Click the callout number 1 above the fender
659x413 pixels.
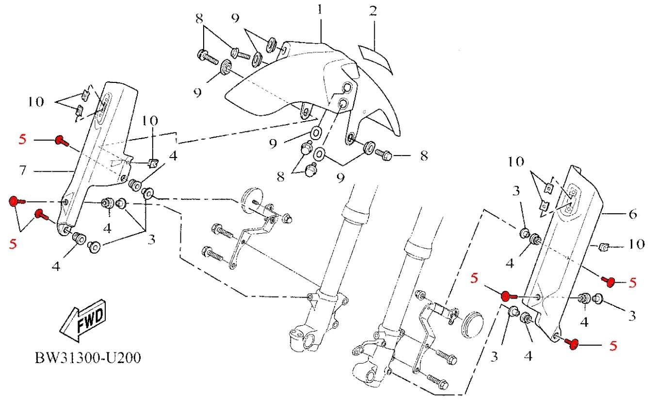click(320, 10)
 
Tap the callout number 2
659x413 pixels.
click(372, 11)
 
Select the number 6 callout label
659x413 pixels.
click(632, 213)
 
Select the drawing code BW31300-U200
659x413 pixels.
click(88, 358)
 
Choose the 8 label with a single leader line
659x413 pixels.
click(424, 156)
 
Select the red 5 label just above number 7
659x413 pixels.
click(22, 140)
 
